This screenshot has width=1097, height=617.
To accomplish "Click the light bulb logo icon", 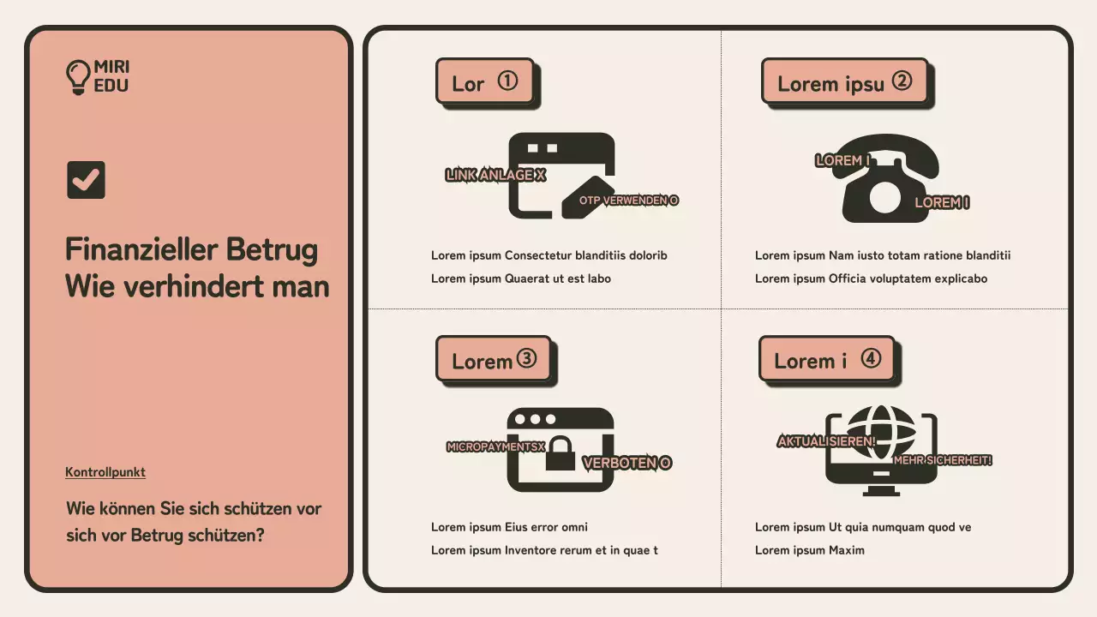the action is point(78,77).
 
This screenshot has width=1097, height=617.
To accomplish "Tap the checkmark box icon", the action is point(86,180).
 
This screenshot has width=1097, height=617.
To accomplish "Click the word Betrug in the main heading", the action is point(272,250).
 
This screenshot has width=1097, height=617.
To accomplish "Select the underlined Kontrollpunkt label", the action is point(105,472).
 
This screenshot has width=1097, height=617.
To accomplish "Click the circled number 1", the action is point(508,81).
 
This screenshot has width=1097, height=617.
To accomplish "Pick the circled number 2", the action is point(902,81).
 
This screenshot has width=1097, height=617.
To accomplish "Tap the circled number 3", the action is point(526,358).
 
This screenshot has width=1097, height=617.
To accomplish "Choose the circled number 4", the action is point(871,358).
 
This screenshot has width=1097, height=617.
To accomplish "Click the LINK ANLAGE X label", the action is point(495,175).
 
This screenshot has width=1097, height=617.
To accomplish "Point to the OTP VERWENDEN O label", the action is point(629,201).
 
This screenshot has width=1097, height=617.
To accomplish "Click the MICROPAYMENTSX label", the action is point(495,446).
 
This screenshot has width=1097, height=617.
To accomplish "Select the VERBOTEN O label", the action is point(626,463).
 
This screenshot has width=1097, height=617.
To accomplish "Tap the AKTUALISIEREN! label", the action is point(826,441).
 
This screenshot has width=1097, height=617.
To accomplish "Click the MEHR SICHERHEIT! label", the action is point(943,460).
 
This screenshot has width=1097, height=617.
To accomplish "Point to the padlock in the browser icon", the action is point(560,453).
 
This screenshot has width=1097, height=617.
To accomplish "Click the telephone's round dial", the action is point(884,198).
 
